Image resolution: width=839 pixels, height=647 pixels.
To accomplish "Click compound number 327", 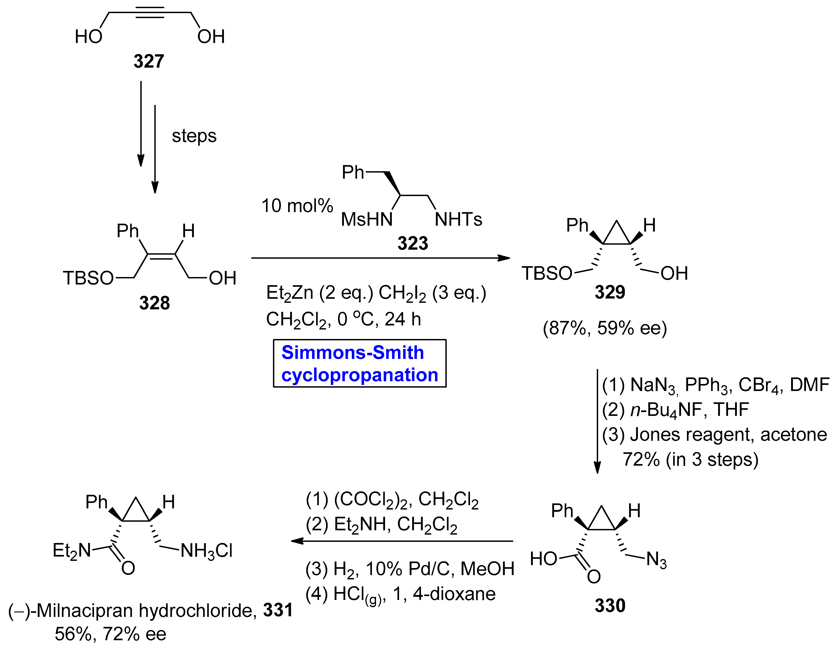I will coord(149,62).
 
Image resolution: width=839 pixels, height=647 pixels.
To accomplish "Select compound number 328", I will coord(154,303).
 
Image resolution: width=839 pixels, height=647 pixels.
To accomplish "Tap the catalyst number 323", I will coord(413,243).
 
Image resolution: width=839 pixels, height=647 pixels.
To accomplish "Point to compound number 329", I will coord(610,292).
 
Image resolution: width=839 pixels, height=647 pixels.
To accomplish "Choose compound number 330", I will coord(610,605).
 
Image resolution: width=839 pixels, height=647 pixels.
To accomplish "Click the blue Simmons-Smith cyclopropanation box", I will coord(360,363).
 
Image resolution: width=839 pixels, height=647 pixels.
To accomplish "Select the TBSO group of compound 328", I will coord(88,278).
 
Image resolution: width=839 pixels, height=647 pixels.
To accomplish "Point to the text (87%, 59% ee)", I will coord(605,328).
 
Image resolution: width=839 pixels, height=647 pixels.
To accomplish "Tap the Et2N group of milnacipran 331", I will coord(71,550).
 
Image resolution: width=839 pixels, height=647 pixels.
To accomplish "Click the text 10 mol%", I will coord(297,206).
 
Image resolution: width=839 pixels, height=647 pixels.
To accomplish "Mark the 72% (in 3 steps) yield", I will coord(690,459).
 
